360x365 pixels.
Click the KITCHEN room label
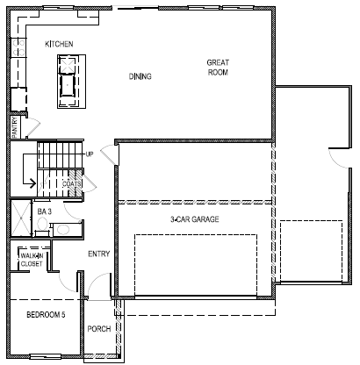point(60,43)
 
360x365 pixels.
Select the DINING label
point(140,76)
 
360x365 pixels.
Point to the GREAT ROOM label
point(218,68)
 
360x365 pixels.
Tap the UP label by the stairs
point(90,154)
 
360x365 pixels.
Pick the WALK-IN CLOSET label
point(31,260)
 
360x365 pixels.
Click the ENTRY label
point(99,254)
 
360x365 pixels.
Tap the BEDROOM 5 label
point(45,314)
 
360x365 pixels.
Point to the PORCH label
point(99,331)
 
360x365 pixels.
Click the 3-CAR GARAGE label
point(194,218)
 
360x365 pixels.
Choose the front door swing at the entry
point(104,285)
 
